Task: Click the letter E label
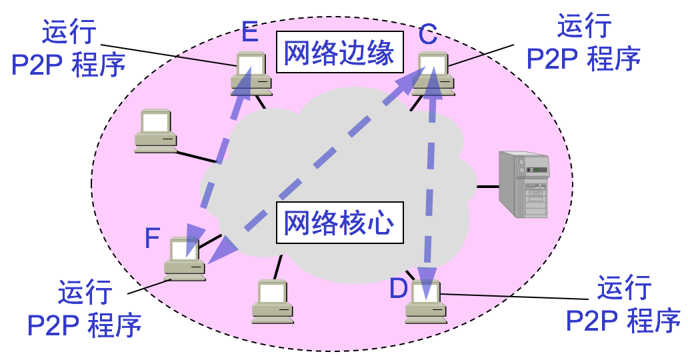pyautogui.click(x=249, y=31)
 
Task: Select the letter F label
pyautogui.click(x=153, y=238)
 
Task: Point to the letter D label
pyautogui.click(x=398, y=289)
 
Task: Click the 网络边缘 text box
pyautogui.click(x=339, y=53)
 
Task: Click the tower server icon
pyautogui.click(x=525, y=184)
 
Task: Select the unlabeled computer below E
pyautogui.click(x=155, y=131)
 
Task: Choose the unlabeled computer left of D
pyautogui.click(x=273, y=302)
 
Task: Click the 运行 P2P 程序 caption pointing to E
pyautogui.click(x=69, y=48)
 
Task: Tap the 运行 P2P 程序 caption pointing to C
pyautogui.click(x=583, y=45)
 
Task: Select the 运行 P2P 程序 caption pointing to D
pyautogui.click(x=623, y=305)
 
